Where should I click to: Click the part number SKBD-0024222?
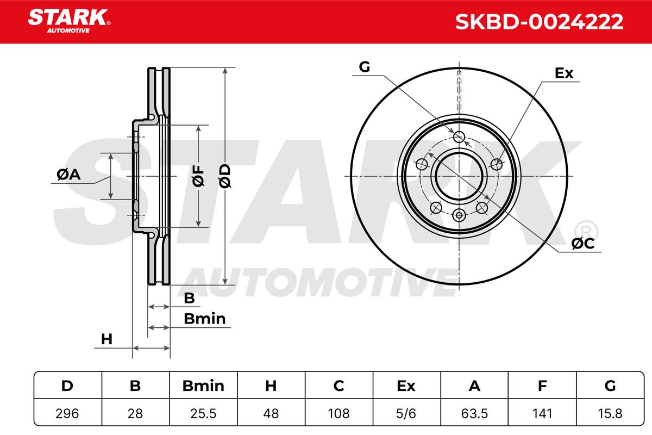click(539, 22)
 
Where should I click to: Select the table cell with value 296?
click(67, 413)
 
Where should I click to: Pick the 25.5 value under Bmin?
click(203, 413)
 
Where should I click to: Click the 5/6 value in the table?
click(406, 413)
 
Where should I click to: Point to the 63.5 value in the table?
click(474, 413)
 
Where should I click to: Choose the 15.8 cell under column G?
click(610, 413)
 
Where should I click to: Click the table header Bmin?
click(203, 386)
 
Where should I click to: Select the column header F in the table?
click(542, 386)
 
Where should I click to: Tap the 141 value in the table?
click(542, 413)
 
